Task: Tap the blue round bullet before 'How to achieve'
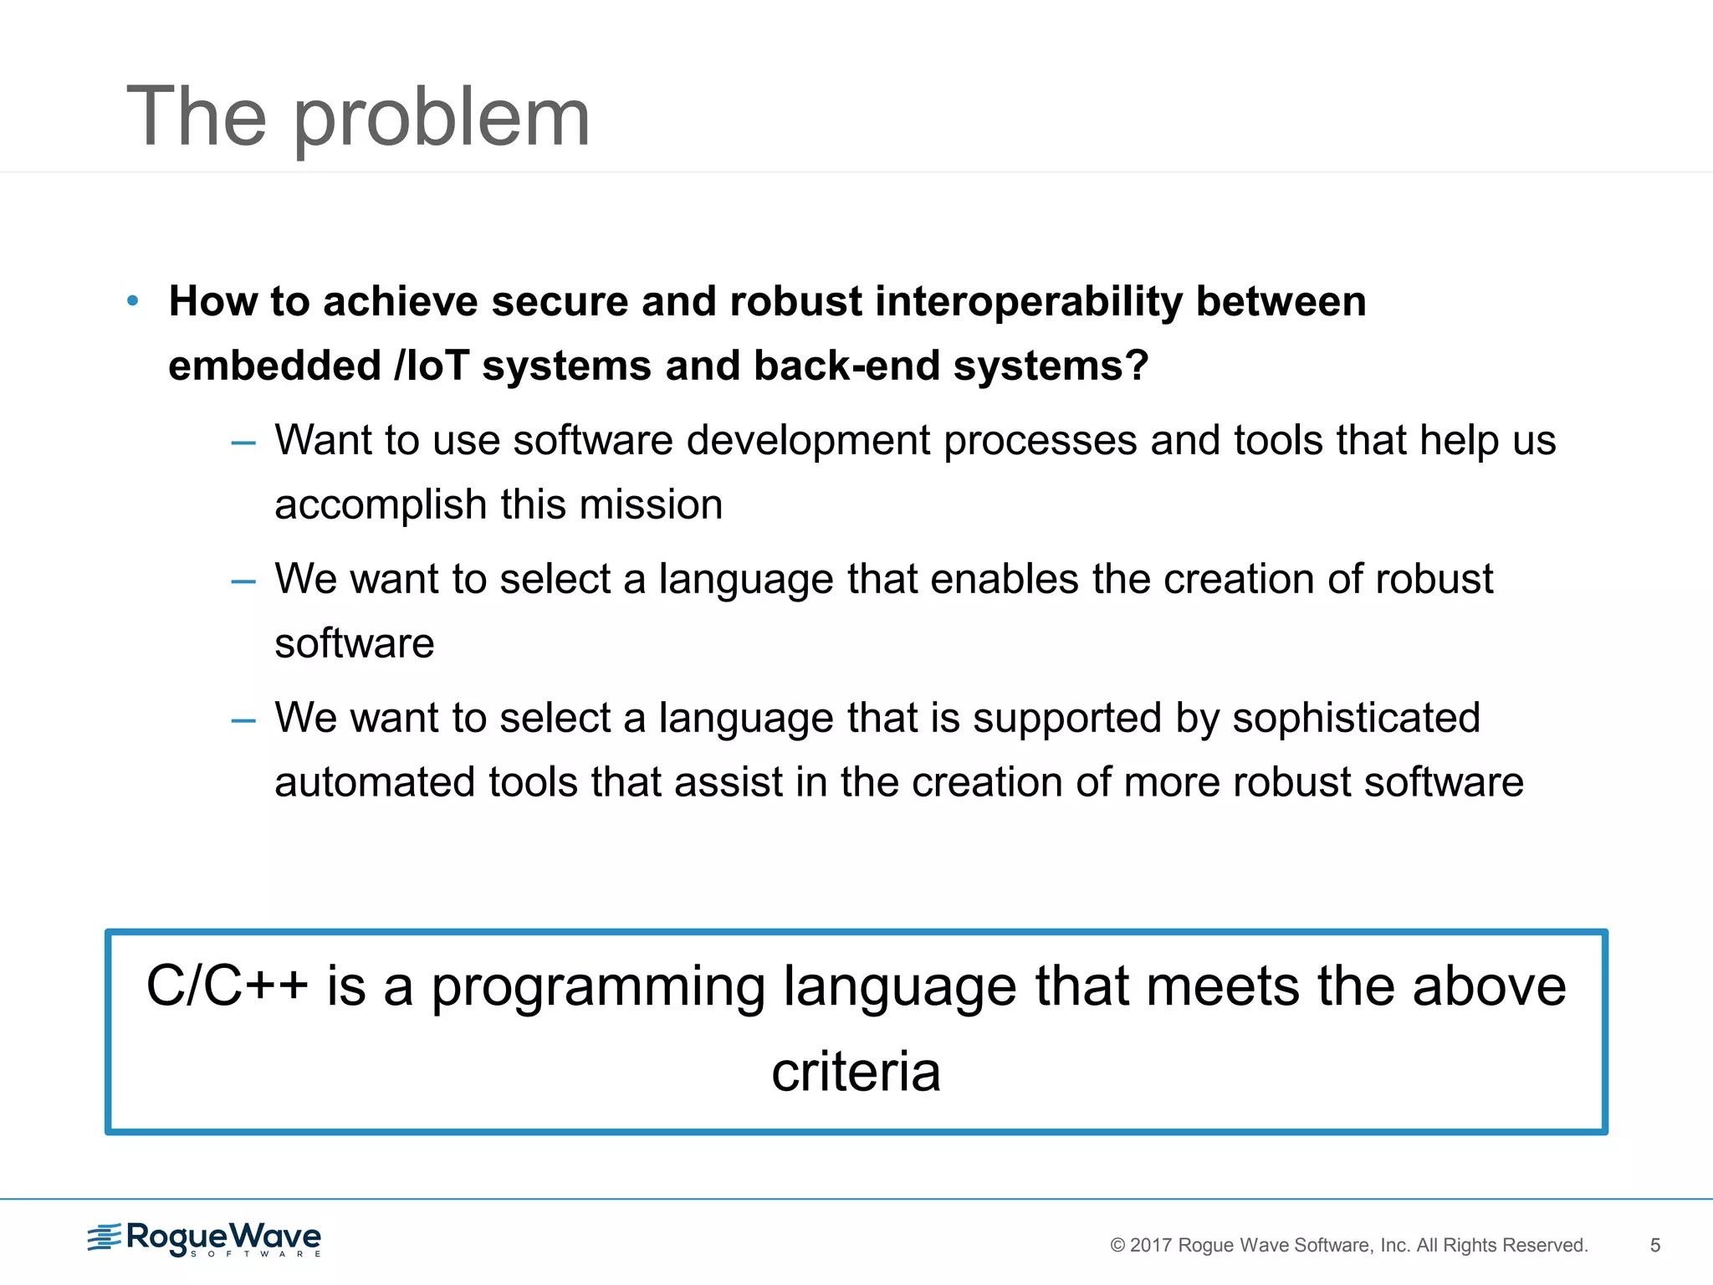coord(132,301)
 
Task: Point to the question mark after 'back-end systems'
coord(1136,366)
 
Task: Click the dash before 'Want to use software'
coord(243,443)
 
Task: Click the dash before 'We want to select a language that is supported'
coord(243,720)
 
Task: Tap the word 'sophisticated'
coord(1356,718)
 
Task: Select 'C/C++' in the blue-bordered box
coord(227,986)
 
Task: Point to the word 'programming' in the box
coord(598,988)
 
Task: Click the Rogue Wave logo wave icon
coord(105,1237)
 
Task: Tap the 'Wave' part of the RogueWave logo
coord(275,1236)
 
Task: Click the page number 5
coord(1654,1246)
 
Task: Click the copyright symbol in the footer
coord(1117,1246)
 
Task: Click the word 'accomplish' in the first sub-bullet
coord(381,506)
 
